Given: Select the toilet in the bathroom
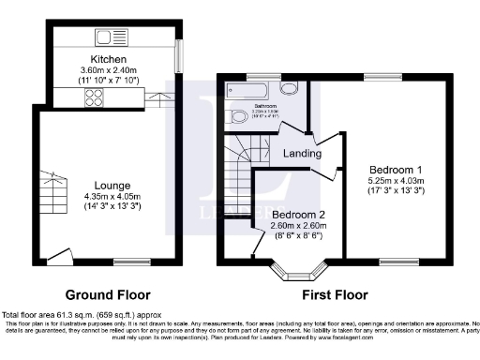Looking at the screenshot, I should (x=239, y=117).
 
